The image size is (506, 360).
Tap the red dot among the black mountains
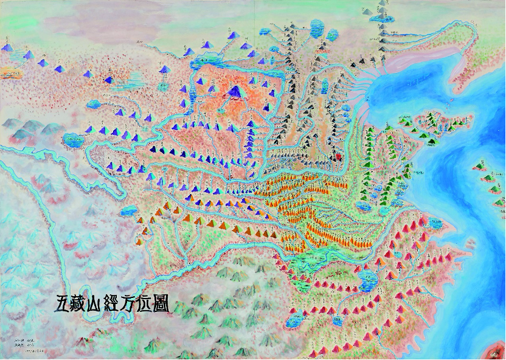pyautogui.click(x=339, y=156)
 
